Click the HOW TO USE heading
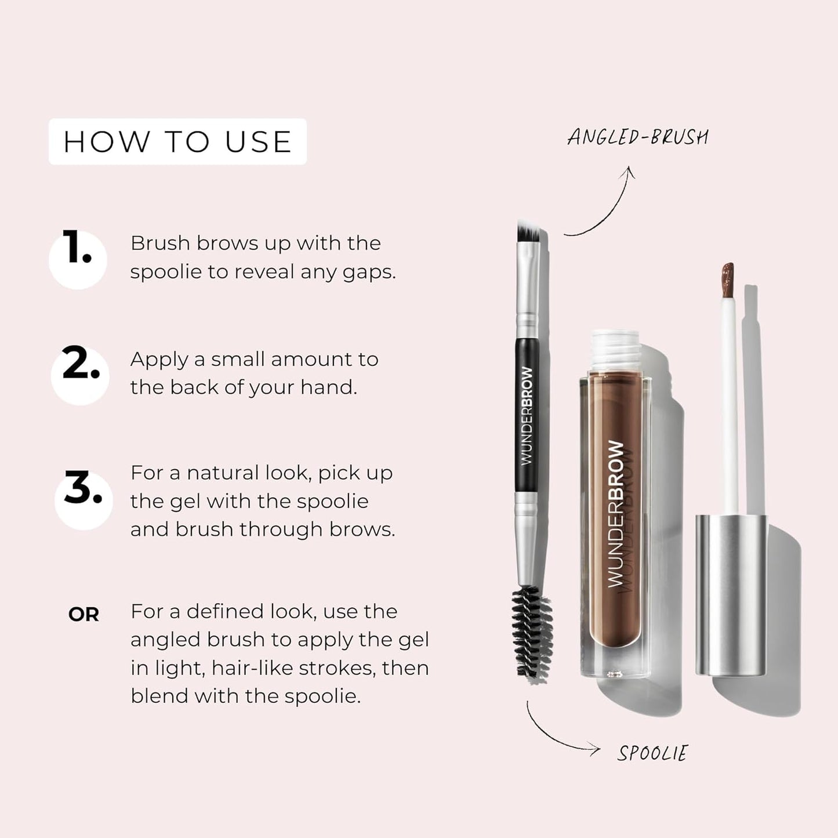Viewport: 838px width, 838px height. pyautogui.click(x=177, y=142)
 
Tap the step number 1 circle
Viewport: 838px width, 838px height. pyautogui.click(x=78, y=259)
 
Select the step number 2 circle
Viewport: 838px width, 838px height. pyautogui.click(x=80, y=375)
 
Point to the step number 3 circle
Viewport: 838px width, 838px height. pyautogui.click(x=83, y=499)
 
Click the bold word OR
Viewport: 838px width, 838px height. pyautogui.click(x=84, y=615)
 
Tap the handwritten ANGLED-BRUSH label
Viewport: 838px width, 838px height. pyautogui.click(x=638, y=137)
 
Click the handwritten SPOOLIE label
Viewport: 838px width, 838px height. pyautogui.click(x=652, y=753)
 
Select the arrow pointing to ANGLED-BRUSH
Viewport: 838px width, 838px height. pyautogui.click(x=603, y=203)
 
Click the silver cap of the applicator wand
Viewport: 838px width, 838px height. pyautogui.click(x=731, y=594)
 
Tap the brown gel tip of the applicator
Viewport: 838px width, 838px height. pyautogui.click(x=727, y=279)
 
